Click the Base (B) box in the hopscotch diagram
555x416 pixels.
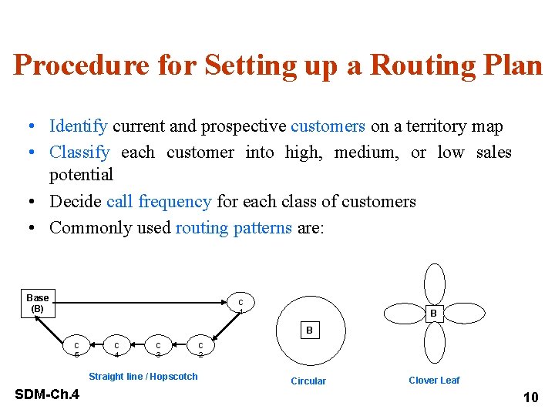coord(38,303)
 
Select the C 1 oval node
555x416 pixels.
coord(240,306)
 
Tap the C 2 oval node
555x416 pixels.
coord(200,349)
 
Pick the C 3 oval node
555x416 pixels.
coord(158,349)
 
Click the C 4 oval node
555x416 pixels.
coord(116,349)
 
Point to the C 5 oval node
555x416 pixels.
coord(76,349)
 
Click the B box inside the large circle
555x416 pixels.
coord(309,330)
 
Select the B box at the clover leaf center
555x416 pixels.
coord(433,314)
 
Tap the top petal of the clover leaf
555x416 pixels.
coord(436,283)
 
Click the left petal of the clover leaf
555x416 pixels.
coord(403,313)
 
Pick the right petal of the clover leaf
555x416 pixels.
coord(466,313)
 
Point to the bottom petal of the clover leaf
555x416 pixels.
coord(436,343)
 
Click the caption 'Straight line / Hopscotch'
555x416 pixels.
coord(143,377)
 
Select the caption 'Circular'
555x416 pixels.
coord(308,381)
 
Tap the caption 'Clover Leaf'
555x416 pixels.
coord(434,380)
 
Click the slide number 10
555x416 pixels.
coord(530,398)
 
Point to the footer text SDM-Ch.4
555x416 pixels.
coord(47,395)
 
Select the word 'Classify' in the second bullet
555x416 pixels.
coord(79,153)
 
